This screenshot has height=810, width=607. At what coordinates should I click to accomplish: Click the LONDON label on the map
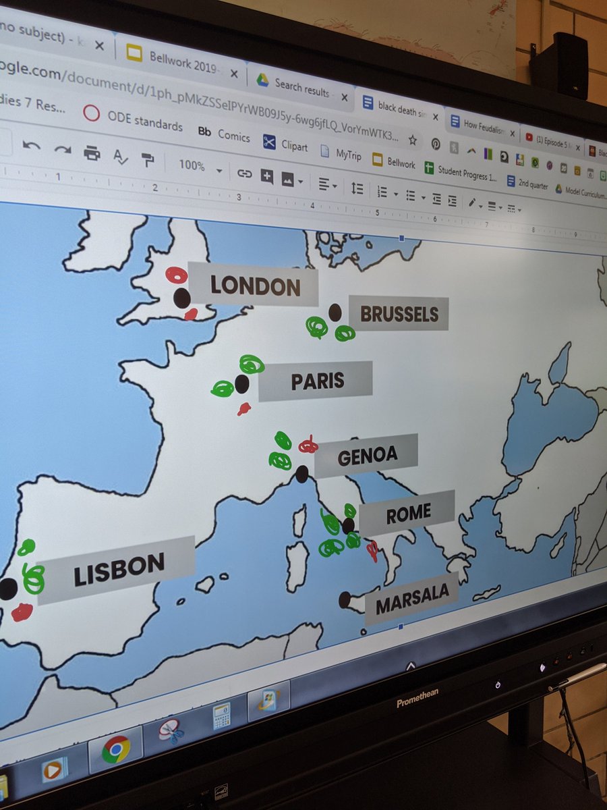point(254,286)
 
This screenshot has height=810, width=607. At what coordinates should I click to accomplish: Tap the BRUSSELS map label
point(399,314)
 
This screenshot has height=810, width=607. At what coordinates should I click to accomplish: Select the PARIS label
point(317,381)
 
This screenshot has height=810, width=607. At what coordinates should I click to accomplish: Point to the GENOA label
point(367,456)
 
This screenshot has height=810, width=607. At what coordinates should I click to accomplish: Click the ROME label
point(407,514)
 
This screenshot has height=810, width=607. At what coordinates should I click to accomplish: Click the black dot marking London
point(181,298)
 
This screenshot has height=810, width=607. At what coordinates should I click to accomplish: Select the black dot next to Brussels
point(335,312)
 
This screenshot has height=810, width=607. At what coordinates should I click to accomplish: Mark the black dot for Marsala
point(345,599)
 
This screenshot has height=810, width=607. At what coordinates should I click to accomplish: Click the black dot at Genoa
point(301,474)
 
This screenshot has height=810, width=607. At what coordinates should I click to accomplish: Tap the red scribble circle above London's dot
point(177,275)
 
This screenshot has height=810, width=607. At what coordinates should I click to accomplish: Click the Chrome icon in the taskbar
point(115,749)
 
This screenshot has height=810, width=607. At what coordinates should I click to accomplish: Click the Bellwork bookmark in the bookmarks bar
point(394,161)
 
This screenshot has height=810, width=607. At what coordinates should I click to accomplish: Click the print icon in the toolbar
point(92,153)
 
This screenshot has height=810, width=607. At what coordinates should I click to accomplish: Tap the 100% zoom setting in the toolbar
point(192,165)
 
